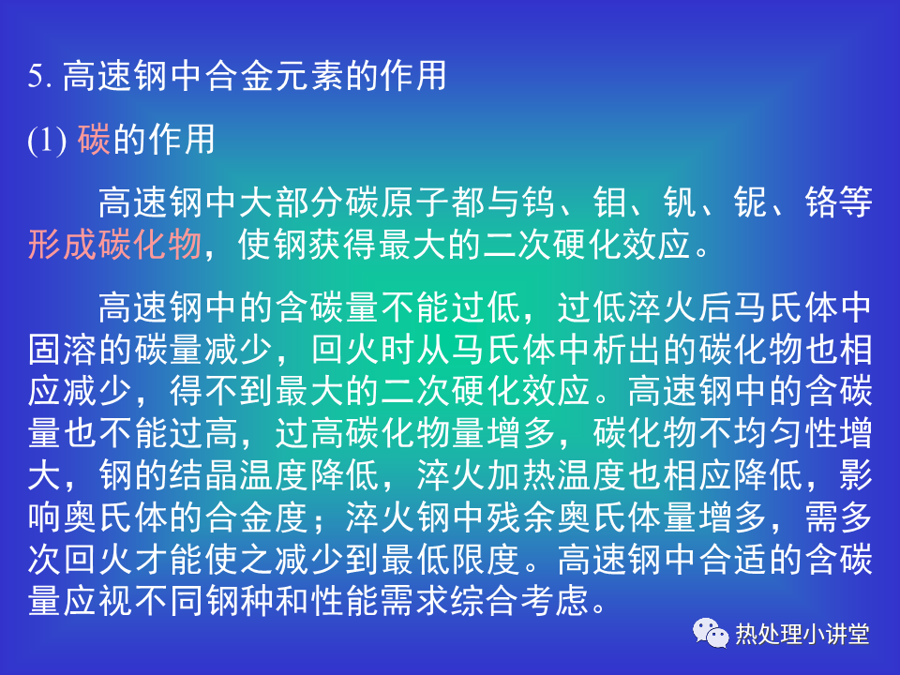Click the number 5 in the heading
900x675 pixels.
(35, 76)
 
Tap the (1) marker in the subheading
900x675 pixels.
(47, 140)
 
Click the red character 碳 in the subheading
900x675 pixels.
(94, 139)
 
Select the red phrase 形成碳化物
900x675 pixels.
(114, 244)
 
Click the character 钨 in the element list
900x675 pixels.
(538, 202)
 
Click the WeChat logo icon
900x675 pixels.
(711, 633)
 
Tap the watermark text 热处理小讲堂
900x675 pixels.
(802, 635)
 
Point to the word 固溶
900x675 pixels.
(63, 350)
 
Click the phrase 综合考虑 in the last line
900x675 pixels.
(519, 601)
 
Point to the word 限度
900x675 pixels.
(487, 559)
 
